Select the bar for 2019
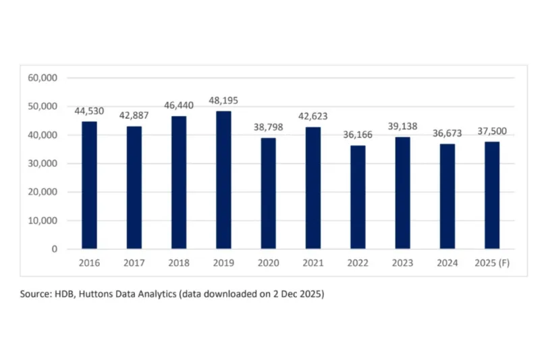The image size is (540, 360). (223, 180)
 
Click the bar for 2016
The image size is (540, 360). (89, 185)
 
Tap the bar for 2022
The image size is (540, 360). (358, 197)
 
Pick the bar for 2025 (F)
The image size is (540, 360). (492, 195)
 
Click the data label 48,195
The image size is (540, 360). (223, 101)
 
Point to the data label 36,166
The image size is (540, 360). (358, 135)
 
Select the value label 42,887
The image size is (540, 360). (134, 115)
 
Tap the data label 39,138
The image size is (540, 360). (402, 126)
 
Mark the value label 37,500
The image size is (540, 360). (492, 131)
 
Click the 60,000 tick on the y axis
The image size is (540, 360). (43, 78)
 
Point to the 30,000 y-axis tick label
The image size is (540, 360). (43, 163)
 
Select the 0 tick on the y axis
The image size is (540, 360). (54, 249)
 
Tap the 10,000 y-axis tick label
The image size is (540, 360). (43, 221)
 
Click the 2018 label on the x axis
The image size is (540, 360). (178, 263)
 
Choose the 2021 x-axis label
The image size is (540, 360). (313, 263)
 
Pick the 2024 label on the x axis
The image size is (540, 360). (447, 263)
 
